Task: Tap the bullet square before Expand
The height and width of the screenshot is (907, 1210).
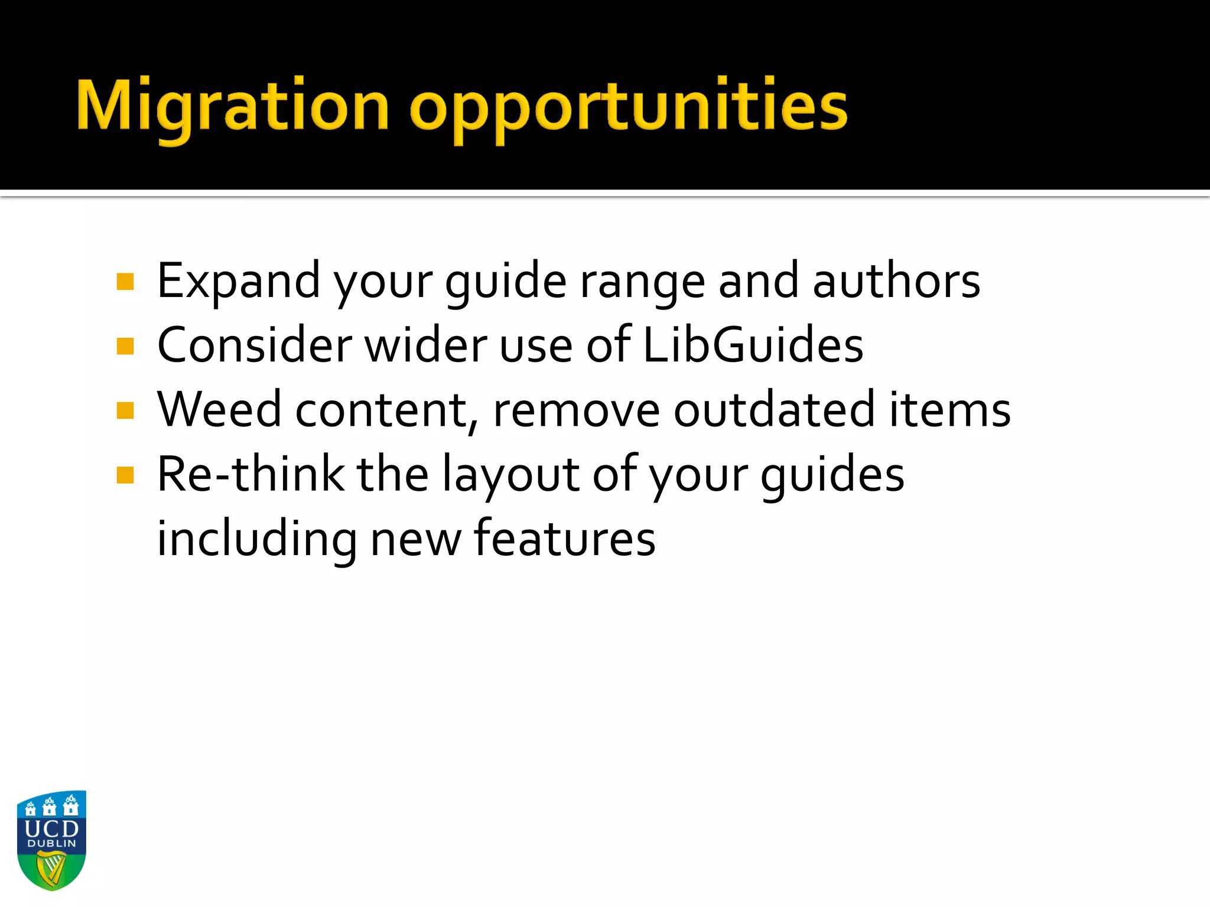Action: [125, 282]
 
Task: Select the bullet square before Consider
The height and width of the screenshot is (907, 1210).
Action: [125, 346]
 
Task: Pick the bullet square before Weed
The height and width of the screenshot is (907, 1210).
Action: [125, 410]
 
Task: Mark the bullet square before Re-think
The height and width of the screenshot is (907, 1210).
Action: [125, 475]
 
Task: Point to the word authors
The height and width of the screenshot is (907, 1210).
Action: [896, 282]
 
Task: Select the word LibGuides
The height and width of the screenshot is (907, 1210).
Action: [753, 346]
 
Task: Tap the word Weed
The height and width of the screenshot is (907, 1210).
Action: [219, 410]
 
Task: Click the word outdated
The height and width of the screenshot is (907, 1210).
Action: [774, 410]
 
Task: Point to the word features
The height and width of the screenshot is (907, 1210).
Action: [564, 539]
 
